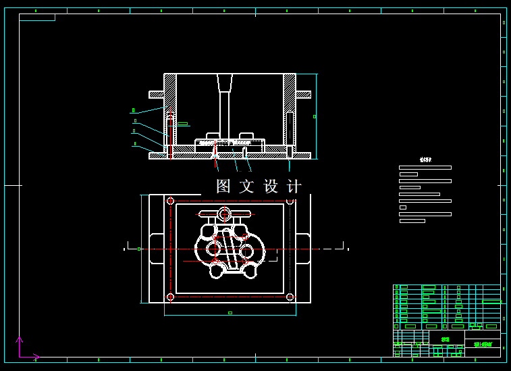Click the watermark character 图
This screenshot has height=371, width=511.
223,187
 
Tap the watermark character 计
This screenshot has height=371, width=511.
294,187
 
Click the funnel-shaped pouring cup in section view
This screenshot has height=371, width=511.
224,82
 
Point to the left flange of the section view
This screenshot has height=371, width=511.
156,95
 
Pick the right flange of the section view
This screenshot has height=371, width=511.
303,95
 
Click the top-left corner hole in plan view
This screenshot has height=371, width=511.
170,201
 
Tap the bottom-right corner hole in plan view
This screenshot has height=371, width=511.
290,297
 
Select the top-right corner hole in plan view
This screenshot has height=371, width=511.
290,201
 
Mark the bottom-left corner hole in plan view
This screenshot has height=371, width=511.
170,297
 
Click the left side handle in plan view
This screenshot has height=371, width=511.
156,249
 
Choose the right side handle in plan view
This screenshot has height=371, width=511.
303,249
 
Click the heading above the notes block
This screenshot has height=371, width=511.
425,160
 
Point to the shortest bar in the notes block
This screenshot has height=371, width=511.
403,207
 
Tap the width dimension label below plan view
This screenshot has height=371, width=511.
230,313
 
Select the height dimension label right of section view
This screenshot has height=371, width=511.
315,116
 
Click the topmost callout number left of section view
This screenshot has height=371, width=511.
133,110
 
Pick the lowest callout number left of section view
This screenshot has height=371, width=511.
135,143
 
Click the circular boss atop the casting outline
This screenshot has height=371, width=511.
224,214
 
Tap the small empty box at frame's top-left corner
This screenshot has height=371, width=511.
37,18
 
